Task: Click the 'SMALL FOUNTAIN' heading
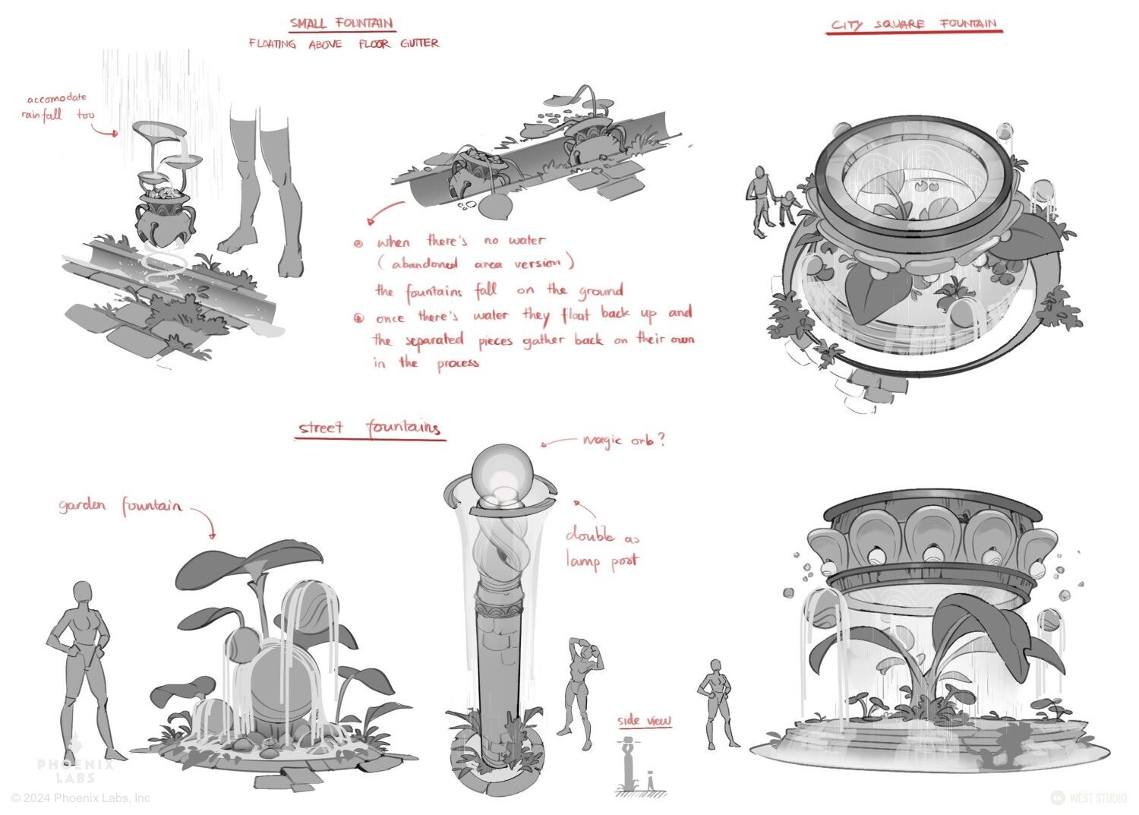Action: (x=342, y=24)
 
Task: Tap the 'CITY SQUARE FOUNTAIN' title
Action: (x=913, y=24)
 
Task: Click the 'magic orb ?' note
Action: (x=623, y=440)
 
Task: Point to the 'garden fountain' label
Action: (x=120, y=506)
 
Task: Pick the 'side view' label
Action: (x=644, y=720)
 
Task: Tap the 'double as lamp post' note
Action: (x=603, y=548)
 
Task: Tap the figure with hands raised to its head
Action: (x=579, y=693)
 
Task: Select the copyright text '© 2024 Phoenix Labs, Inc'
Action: (x=80, y=798)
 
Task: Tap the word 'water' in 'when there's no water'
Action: (x=526, y=240)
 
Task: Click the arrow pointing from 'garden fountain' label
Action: (x=206, y=519)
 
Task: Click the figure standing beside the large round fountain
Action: (x=716, y=703)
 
